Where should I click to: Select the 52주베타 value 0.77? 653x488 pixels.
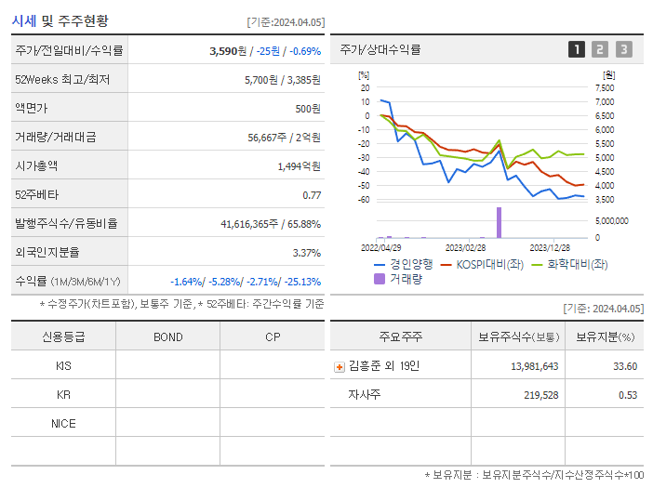[x=312, y=195]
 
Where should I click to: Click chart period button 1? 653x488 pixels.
[x=577, y=49]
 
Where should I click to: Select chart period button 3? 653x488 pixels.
[x=623, y=49]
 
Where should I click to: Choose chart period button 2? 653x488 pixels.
[x=600, y=49]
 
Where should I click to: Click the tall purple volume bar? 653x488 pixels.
[x=499, y=222]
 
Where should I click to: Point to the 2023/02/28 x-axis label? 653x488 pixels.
[x=464, y=248]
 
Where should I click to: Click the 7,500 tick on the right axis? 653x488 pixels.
[x=604, y=87]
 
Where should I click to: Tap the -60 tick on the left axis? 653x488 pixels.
[x=365, y=200]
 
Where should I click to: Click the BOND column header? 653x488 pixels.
[x=167, y=336]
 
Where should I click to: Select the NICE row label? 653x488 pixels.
[x=63, y=423]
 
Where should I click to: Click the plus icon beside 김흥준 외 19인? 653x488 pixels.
[x=340, y=366]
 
